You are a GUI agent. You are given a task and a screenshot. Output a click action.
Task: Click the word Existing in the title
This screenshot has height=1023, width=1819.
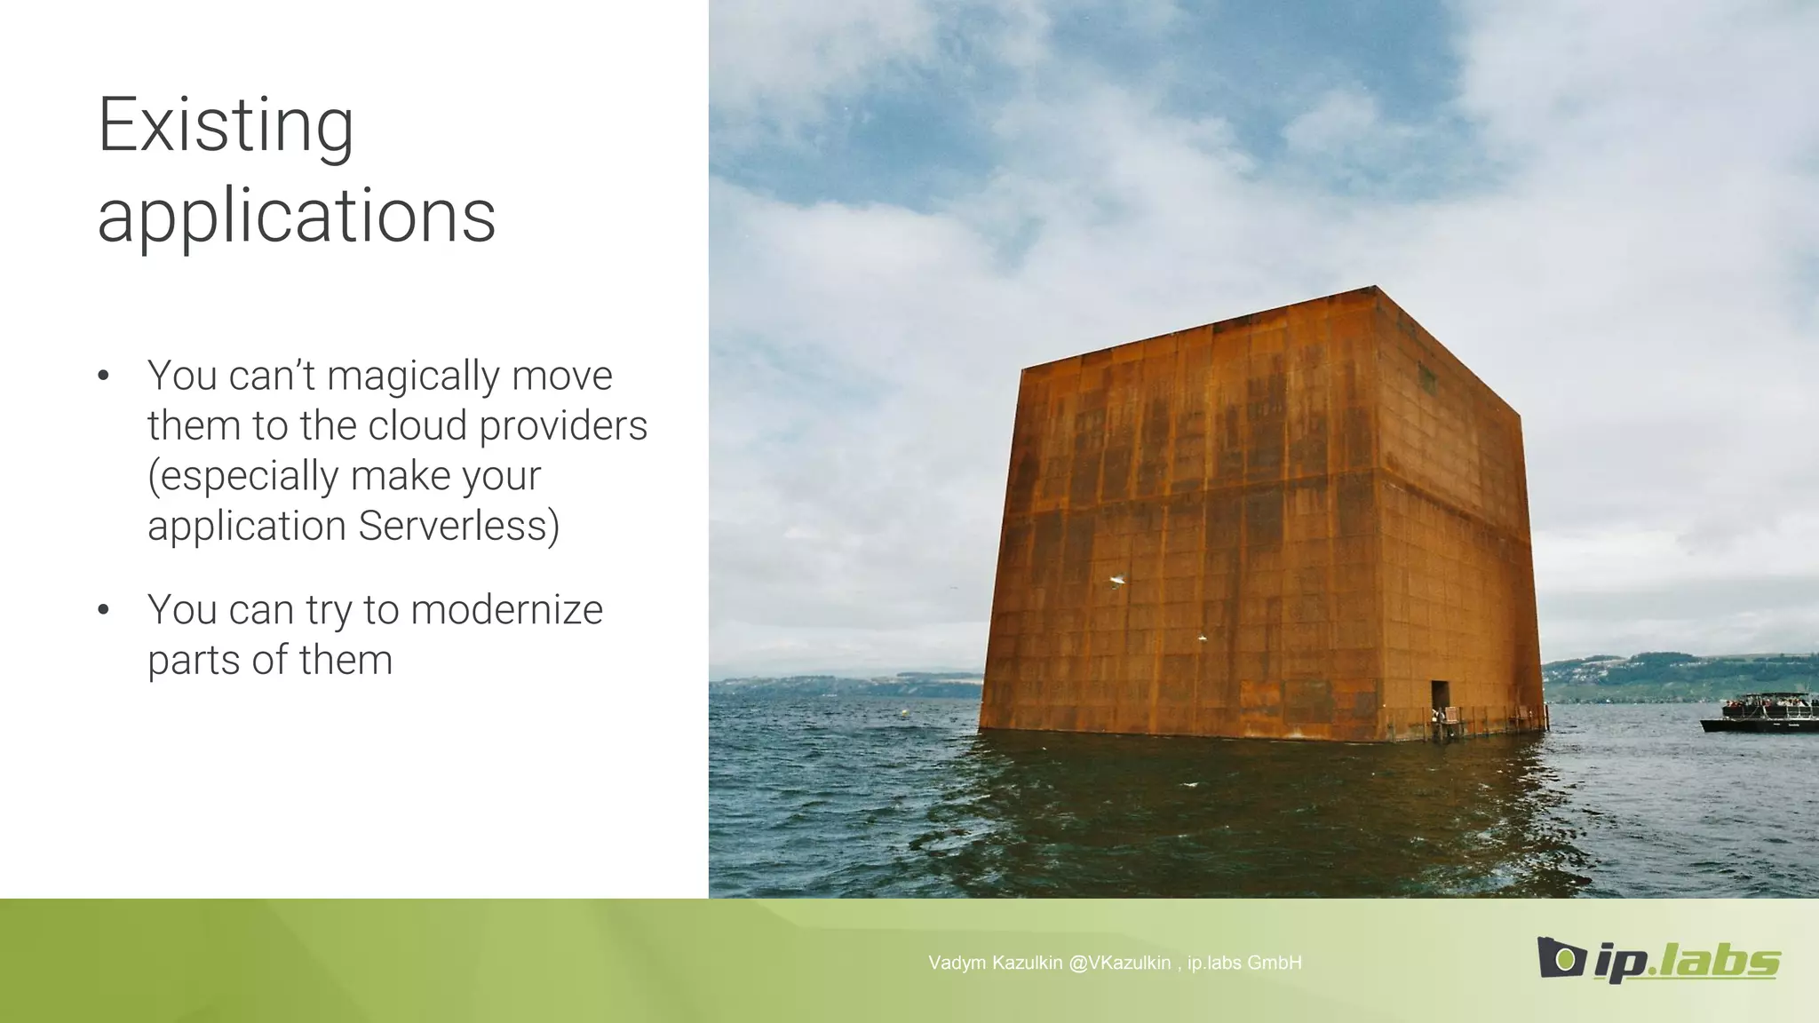coord(226,126)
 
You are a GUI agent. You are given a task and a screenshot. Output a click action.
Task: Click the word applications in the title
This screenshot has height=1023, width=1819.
coord(296,217)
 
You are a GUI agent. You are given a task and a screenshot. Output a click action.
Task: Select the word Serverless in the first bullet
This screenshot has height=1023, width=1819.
coord(459,526)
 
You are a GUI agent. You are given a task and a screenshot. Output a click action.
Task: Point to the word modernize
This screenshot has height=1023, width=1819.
coord(506,610)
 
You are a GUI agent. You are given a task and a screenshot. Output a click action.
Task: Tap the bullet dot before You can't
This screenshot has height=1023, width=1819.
coord(104,377)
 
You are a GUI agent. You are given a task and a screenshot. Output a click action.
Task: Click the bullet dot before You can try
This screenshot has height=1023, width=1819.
coord(104,610)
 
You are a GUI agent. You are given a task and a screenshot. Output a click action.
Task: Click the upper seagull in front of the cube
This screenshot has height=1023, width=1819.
coord(1117,581)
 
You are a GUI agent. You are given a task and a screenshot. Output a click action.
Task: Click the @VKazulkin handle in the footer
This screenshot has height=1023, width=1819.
coord(1119,963)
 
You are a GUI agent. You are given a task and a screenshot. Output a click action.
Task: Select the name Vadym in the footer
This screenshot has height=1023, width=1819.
coord(957,963)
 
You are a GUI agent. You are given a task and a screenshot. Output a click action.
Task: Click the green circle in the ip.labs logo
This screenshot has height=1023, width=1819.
coord(1566,959)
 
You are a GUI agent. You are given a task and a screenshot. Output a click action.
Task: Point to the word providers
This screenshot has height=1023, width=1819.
coord(563,426)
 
